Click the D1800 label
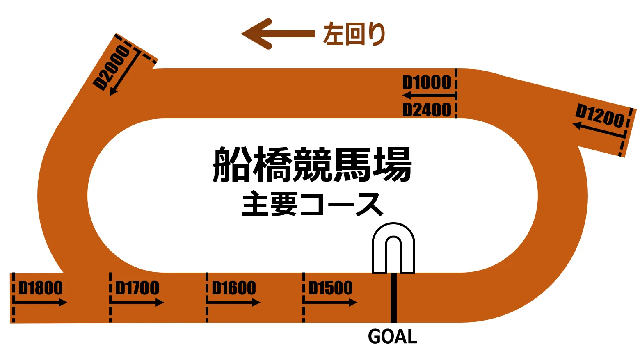click(x=41, y=288)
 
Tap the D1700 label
click(x=137, y=288)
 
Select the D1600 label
click(x=234, y=288)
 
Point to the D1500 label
click(x=330, y=288)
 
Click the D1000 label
click(x=427, y=82)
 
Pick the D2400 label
click(x=427, y=110)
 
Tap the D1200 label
click(x=599, y=116)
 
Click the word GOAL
click(x=393, y=337)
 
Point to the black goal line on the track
click(x=393, y=298)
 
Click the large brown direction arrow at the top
click(x=277, y=34)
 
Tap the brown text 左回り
click(x=354, y=34)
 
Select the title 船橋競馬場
click(x=312, y=165)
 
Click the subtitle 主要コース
click(x=312, y=204)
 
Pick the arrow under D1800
click(x=40, y=303)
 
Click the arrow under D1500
click(x=330, y=303)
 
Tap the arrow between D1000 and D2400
click(x=429, y=96)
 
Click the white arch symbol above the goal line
click(x=393, y=248)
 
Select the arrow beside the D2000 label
click(x=125, y=74)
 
